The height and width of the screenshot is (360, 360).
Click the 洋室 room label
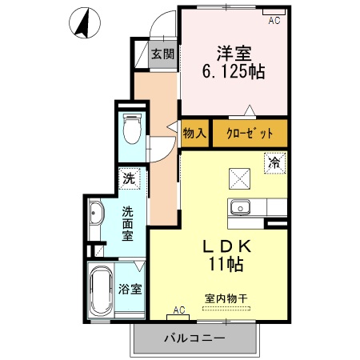(x=234, y=54)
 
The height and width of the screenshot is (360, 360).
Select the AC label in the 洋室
(x=274, y=21)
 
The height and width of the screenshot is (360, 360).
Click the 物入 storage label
(x=194, y=133)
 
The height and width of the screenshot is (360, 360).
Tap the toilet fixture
(x=132, y=129)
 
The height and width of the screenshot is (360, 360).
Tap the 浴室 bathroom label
(x=130, y=290)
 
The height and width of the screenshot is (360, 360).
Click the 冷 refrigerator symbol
(x=274, y=163)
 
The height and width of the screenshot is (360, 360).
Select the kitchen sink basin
(x=239, y=208)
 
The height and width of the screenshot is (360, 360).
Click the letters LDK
(x=227, y=245)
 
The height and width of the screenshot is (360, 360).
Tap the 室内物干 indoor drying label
(x=227, y=298)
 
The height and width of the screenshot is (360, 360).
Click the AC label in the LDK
(x=178, y=310)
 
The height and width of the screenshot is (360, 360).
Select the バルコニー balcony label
(x=194, y=338)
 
